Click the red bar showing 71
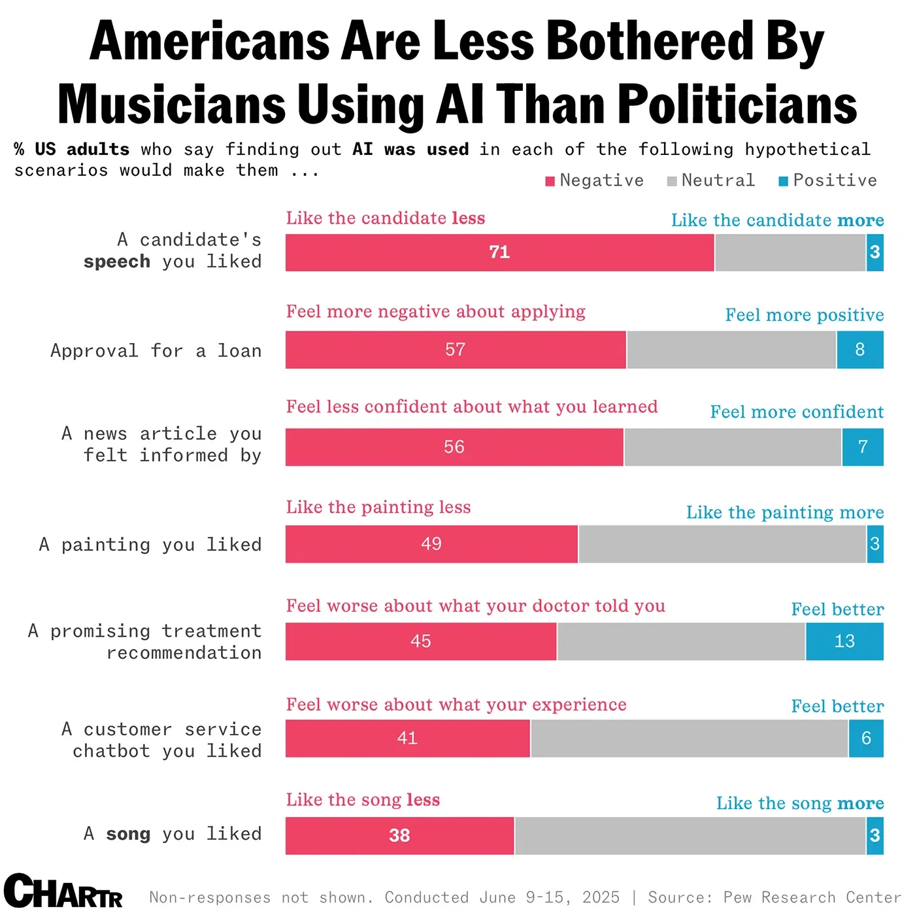(499, 252)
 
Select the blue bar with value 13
(844, 641)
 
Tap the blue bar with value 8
(860, 350)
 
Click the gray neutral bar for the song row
(690, 835)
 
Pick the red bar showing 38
(399, 835)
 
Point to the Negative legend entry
(594, 180)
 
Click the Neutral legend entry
(711, 180)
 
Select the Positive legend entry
(828, 180)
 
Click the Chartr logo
(63, 891)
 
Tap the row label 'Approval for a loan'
(156, 351)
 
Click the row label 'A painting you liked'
(150, 544)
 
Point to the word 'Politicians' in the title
(737, 105)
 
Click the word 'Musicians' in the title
(171, 105)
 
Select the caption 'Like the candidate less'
(386, 218)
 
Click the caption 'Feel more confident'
(797, 412)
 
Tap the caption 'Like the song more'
(800, 803)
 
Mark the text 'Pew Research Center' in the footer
(812, 897)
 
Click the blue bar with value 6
(866, 739)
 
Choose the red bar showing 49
(431, 544)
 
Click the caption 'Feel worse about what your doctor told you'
(475, 606)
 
